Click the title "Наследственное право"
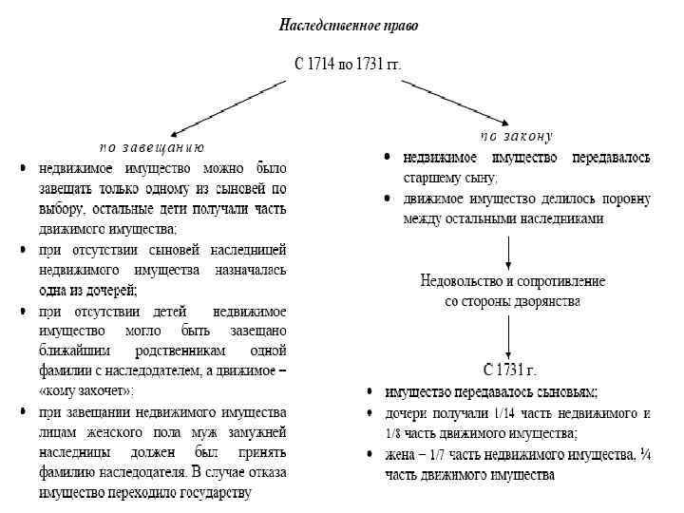click(x=348, y=26)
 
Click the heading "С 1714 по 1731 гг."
click(x=348, y=66)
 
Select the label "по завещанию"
click(x=152, y=147)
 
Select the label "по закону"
click(x=516, y=136)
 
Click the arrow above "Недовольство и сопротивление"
click(x=511, y=251)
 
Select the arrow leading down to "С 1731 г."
click(x=511, y=332)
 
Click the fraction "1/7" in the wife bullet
click(x=440, y=454)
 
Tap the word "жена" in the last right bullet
click(x=400, y=454)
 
